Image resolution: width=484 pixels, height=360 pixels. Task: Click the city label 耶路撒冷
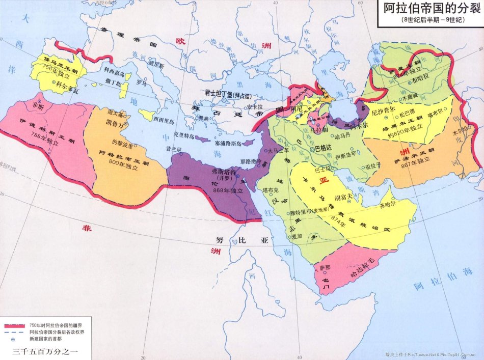pyautogui.click(x=252, y=161)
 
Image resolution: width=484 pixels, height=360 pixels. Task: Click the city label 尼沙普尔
pyautogui.click(x=384, y=110)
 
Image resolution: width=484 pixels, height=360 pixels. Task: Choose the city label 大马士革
pyautogui.click(x=279, y=150)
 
